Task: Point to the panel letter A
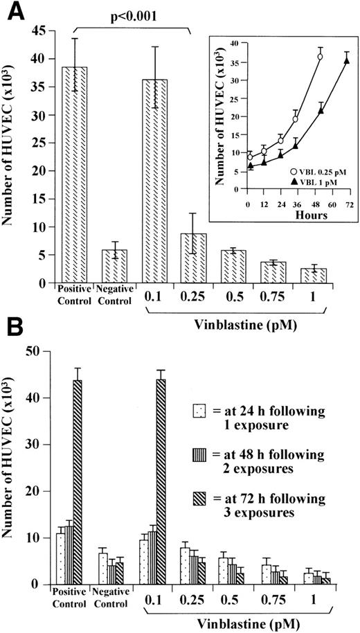[x=12, y=11]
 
